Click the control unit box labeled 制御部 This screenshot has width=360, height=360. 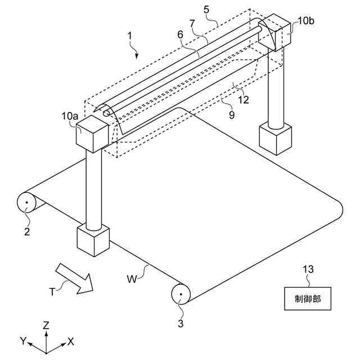coord(307,297)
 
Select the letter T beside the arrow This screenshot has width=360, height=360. coord(52,291)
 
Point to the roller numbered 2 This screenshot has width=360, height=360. coord(26,201)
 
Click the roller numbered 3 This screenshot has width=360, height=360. coord(181,294)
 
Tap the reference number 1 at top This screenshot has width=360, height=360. coord(129,35)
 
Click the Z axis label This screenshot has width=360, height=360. coord(46,325)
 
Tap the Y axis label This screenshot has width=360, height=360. coord(22,341)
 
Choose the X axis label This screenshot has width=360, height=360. coord(70,341)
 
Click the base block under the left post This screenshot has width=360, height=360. coord(92,239)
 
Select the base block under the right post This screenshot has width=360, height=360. coord(276,138)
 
